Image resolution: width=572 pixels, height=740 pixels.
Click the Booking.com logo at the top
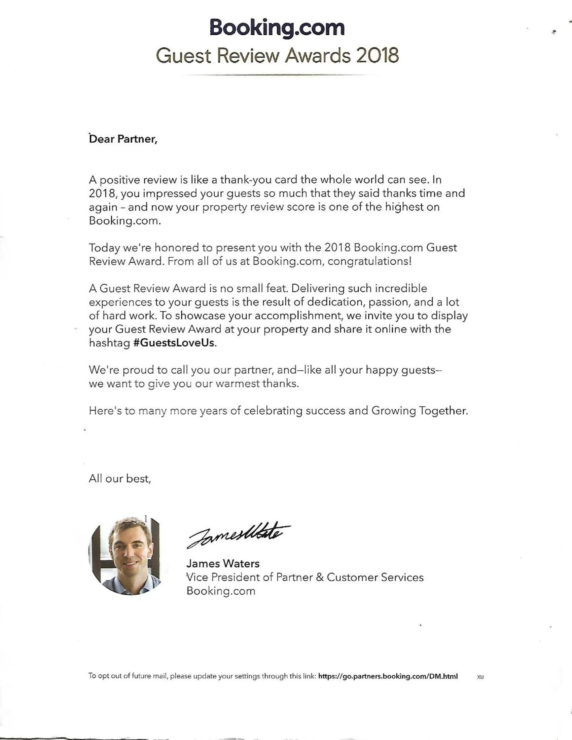point(277,28)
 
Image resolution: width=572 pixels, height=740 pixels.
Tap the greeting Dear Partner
point(123,139)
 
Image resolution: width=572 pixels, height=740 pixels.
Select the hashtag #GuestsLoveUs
point(174,343)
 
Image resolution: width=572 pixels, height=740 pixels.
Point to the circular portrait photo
point(124,556)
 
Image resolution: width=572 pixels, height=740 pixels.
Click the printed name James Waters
point(223,563)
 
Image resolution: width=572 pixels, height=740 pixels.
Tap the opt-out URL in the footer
point(388,676)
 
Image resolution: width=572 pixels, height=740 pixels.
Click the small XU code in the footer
point(480,677)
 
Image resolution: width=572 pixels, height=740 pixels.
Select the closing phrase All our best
point(120,479)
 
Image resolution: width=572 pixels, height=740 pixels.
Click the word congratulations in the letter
point(370,261)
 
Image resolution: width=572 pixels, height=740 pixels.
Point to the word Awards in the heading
point(318,55)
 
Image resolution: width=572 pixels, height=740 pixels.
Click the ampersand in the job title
point(319,577)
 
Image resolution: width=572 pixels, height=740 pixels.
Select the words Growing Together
point(420,411)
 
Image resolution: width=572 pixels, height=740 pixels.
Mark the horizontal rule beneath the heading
point(273,75)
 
